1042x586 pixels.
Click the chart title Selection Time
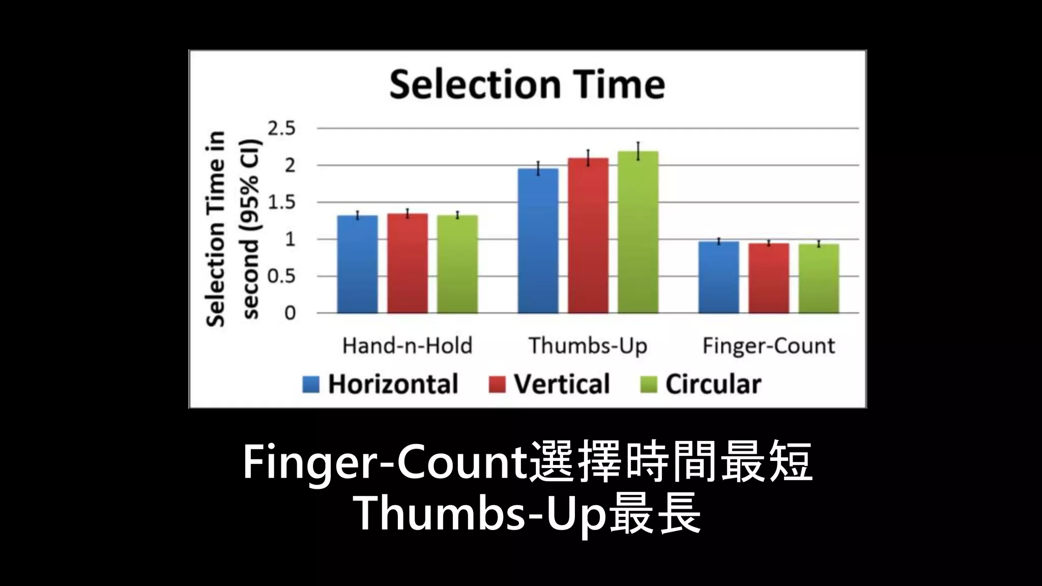pos(527,84)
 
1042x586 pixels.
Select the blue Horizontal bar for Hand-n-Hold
pos(358,265)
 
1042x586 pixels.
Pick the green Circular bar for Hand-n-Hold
pos(457,265)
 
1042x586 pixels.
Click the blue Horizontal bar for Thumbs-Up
pos(538,241)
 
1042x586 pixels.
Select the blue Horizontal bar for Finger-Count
pos(718,277)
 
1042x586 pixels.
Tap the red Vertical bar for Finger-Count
pos(769,278)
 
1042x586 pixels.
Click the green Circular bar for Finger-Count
pos(819,279)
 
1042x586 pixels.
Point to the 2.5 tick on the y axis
pos(282,129)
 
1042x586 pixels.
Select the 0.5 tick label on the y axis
pos(282,277)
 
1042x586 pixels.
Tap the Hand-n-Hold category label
pos(408,346)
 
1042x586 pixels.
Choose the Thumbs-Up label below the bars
pos(588,346)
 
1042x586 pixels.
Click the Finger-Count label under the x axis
pos(769,346)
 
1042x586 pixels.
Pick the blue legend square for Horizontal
pos(311,385)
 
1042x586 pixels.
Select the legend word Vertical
pos(562,384)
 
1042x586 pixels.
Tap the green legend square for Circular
pos(648,385)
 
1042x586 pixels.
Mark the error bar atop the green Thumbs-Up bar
pos(638,151)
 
